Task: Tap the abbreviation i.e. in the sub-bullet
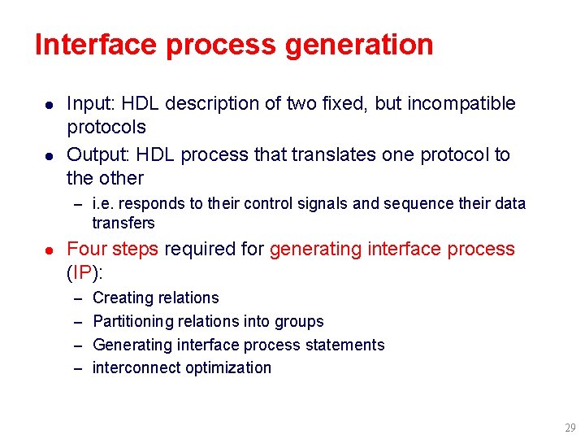(x=103, y=203)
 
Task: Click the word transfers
(x=123, y=223)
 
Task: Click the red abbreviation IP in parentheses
(x=82, y=272)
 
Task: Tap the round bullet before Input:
(x=49, y=105)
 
